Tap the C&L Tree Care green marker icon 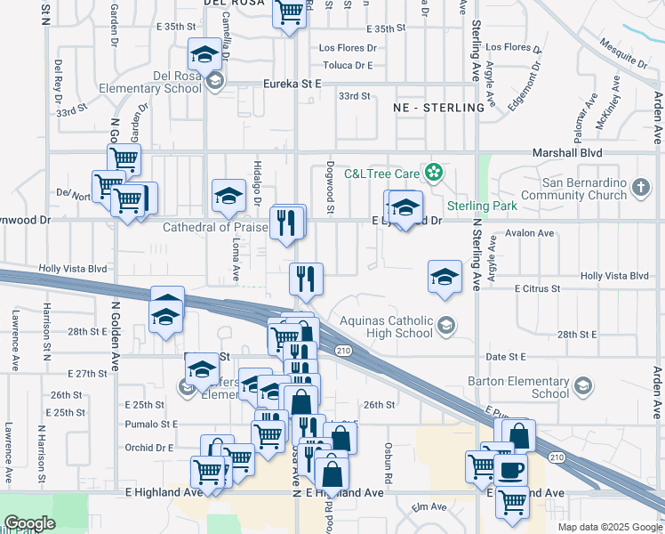pyautogui.click(x=434, y=172)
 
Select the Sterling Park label pyautogui.click(x=482, y=206)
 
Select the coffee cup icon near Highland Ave pyautogui.click(x=511, y=469)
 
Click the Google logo pyautogui.click(x=28, y=523)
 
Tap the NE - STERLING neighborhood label pyautogui.click(x=439, y=108)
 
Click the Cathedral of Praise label pyautogui.click(x=215, y=228)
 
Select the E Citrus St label pyautogui.click(x=537, y=288)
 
